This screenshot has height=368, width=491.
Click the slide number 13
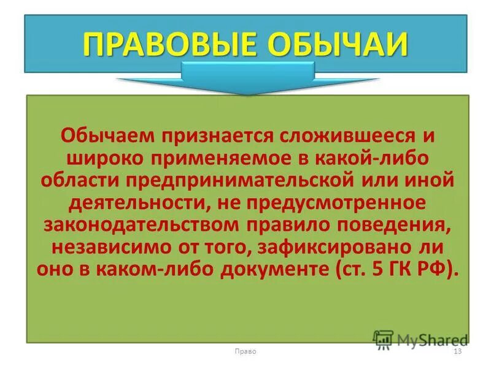pos(456,351)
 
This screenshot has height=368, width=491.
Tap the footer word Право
pos(245,351)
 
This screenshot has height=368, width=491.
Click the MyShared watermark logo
pos(420,339)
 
